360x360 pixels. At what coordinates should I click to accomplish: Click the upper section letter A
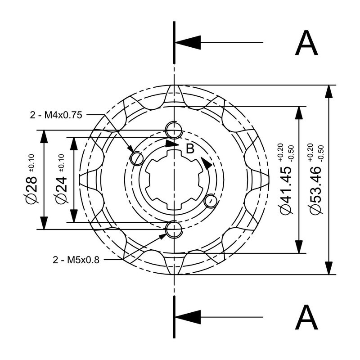(x=307, y=44)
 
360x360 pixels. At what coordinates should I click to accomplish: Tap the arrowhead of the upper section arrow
(x=187, y=43)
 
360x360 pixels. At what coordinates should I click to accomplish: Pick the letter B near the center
(x=190, y=149)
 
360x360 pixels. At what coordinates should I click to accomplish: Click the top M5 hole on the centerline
(x=173, y=130)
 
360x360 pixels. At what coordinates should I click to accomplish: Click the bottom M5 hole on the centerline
(x=173, y=229)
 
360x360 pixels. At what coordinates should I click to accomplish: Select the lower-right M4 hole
(x=210, y=201)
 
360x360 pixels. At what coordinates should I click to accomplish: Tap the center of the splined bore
(x=173, y=180)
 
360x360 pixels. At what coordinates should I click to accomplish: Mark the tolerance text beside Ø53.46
(x=315, y=152)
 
